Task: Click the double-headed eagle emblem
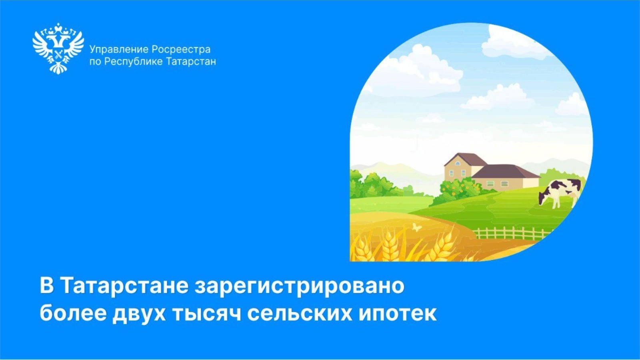coord(58,48)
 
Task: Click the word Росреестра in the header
coord(181,50)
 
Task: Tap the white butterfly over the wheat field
coord(417,227)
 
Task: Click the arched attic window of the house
coord(458,163)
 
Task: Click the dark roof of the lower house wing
coord(505,171)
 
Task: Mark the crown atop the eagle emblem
coord(58,28)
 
